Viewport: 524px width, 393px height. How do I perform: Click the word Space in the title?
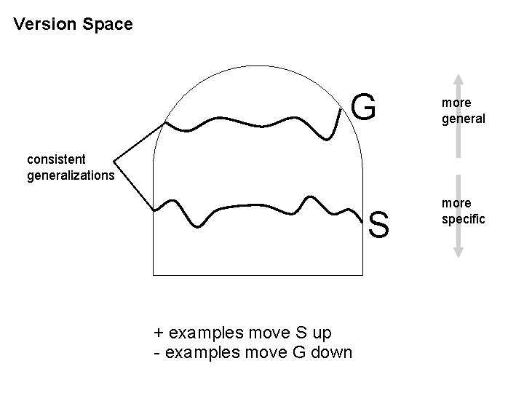[108, 25]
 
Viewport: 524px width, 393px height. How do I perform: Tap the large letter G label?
[364, 108]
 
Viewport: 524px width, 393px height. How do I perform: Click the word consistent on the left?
[55, 158]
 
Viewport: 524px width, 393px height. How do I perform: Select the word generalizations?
[70, 175]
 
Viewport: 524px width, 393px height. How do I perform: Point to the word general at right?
[463, 118]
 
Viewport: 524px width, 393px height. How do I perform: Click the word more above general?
[456, 103]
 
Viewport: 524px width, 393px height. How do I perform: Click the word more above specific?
[456, 202]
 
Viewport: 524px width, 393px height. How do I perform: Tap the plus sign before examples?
[159, 333]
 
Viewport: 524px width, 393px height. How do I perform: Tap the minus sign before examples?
[157, 353]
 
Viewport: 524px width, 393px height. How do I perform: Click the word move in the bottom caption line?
[269, 353]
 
